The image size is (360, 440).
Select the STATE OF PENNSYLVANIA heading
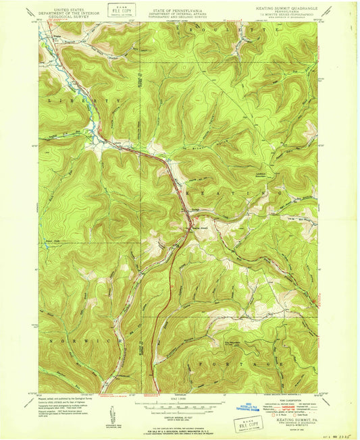[179, 4]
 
